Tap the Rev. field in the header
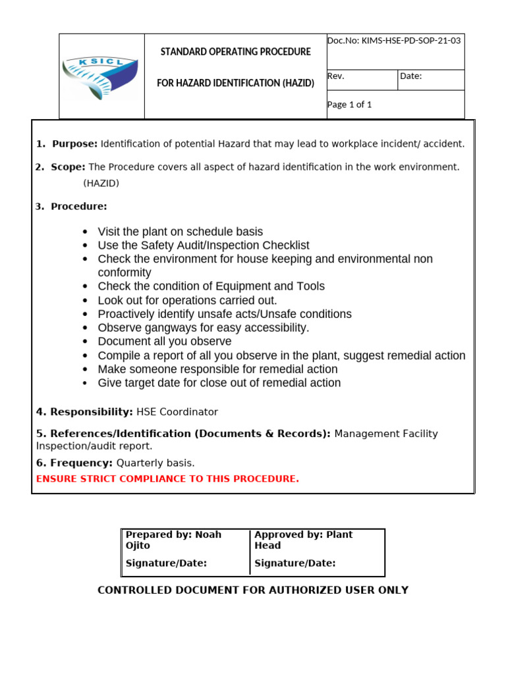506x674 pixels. point(336,76)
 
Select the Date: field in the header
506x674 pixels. point(410,76)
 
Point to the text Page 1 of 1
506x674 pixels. point(349,105)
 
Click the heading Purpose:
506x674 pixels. point(74,144)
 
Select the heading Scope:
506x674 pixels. point(68,167)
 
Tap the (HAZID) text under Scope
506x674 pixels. point(101,183)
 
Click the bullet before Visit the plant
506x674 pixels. point(85,232)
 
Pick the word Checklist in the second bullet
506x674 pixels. point(283,246)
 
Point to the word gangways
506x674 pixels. point(168,328)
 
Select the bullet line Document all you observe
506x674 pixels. point(164,342)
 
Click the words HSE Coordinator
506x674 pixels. point(177,412)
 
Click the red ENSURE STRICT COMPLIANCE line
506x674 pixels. point(167,479)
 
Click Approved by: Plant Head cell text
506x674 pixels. point(303,540)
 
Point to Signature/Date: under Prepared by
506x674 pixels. point(166,563)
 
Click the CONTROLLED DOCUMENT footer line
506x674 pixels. point(253,590)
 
